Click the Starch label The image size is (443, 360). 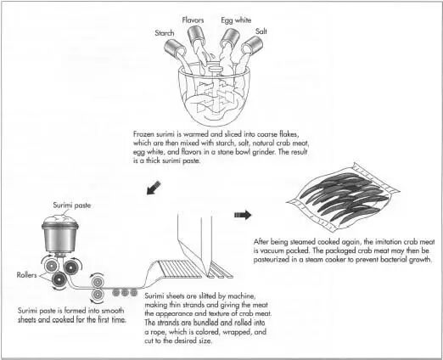165,33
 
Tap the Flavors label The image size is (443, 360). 193,20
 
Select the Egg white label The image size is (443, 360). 236,20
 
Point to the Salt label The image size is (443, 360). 261,31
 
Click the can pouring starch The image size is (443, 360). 175,48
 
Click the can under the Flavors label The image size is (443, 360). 196,36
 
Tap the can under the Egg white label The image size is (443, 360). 230,38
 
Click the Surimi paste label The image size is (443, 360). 72,205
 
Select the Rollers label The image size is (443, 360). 26,275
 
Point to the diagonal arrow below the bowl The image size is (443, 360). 154,188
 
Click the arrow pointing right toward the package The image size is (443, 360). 243,215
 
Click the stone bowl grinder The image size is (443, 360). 215,95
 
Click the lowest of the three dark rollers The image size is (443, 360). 59,279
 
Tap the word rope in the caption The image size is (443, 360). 157,332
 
